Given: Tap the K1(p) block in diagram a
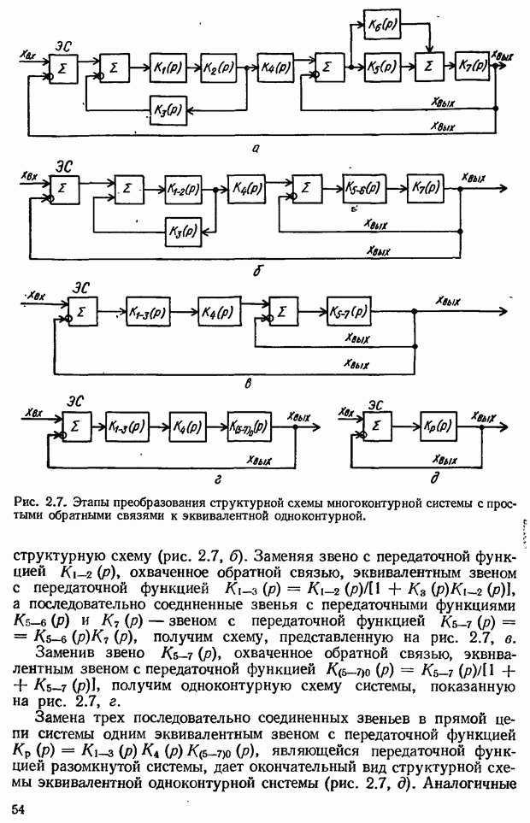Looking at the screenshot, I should (167, 66).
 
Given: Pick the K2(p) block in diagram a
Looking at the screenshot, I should (219, 66).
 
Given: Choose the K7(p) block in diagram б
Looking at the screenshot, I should (425, 188).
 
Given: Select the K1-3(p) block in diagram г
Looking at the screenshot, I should (127, 426).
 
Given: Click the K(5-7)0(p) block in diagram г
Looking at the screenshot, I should (249, 426).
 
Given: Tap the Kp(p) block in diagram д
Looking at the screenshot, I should (440, 426).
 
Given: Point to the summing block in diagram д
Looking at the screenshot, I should (379, 426).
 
